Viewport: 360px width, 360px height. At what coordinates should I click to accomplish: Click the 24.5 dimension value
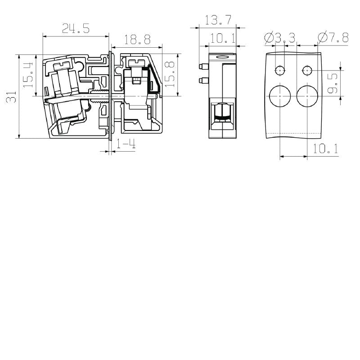(x=76, y=28)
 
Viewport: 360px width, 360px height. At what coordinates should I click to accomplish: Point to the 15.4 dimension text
(x=28, y=75)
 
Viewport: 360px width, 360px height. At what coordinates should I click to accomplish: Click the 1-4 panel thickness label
(x=126, y=144)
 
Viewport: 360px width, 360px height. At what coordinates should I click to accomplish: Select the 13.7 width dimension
(x=219, y=20)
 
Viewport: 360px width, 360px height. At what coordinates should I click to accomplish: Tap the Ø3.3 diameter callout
(x=280, y=38)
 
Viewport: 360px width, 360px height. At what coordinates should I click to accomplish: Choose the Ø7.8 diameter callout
(x=333, y=38)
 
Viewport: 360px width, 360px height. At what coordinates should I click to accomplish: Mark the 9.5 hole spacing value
(x=332, y=83)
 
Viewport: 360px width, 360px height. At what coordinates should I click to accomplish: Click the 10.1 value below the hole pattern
(x=325, y=148)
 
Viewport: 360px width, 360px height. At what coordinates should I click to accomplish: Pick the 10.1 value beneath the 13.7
(x=222, y=38)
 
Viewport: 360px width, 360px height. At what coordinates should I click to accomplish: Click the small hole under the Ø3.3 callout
(x=280, y=71)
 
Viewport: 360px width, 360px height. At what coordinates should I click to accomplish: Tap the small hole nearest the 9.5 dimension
(x=307, y=71)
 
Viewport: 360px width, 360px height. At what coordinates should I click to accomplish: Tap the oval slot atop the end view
(x=222, y=58)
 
